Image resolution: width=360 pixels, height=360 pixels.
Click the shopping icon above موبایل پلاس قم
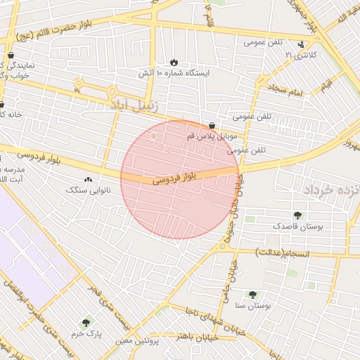[212, 125]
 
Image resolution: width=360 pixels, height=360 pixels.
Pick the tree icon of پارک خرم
[86, 323]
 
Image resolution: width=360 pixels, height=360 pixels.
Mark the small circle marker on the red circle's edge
[155, 136]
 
